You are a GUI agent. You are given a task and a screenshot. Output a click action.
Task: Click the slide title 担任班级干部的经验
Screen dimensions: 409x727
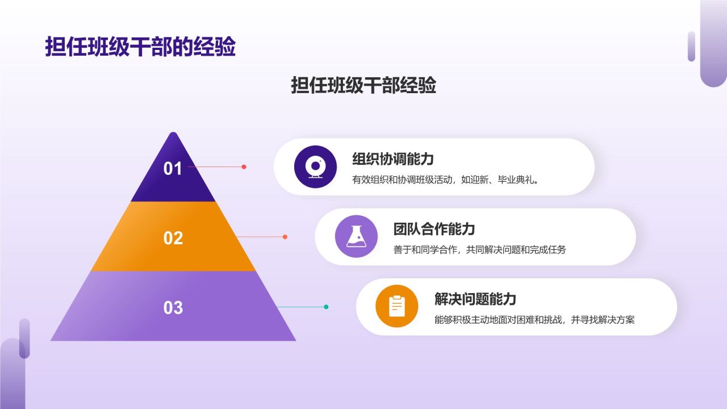pyautogui.click(x=140, y=48)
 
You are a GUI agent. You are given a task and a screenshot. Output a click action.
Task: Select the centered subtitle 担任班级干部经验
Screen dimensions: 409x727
pyautogui.click(x=363, y=85)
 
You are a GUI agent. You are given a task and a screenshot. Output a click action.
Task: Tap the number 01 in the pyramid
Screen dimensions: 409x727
pyautogui.click(x=173, y=169)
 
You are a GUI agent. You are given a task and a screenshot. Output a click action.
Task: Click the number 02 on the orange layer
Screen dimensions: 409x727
pyautogui.click(x=173, y=238)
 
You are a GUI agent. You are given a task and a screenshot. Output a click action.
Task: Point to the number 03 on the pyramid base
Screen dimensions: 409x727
pyautogui.click(x=173, y=308)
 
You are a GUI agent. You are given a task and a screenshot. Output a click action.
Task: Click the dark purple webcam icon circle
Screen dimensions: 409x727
pyautogui.click(x=315, y=167)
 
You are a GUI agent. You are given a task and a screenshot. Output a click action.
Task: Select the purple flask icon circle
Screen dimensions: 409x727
pyautogui.click(x=356, y=237)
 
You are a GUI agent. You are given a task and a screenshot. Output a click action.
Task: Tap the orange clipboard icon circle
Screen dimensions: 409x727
pyautogui.click(x=397, y=306)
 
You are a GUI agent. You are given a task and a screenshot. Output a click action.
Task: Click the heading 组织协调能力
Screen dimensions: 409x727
pyautogui.click(x=393, y=159)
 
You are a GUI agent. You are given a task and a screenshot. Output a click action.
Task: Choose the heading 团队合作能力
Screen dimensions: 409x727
pyautogui.click(x=434, y=229)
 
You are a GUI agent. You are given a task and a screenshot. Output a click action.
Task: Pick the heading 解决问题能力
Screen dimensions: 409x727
pyautogui.click(x=475, y=299)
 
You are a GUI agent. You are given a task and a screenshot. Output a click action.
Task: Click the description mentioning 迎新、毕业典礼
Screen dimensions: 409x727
pyautogui.click(x=445, y=180)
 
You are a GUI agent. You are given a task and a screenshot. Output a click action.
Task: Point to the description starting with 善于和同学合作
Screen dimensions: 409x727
pyautogui.click(x=479, y=249)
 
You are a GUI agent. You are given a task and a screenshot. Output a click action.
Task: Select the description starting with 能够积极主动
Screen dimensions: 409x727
pyautogui.click(x=534, y=319)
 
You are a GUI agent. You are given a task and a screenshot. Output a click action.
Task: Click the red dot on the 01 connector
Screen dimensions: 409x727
pyautogui.click(x=244, y=167)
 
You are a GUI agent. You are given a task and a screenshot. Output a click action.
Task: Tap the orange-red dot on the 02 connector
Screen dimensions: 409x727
pyautogui.click(x=285, y=237)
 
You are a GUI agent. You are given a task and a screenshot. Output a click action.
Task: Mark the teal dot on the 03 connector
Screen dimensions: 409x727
pyautogui.click(x=326, y=307)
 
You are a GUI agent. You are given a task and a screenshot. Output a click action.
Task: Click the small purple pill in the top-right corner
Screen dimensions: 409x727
pyautogui.click(x=691, y=46)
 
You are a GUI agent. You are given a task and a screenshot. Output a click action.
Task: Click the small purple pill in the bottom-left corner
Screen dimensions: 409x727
pyautogui.click(x=24, y=338)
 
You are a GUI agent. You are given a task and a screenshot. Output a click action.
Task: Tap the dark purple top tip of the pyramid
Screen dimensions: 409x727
pyautogui.click(x=173, y=142)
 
